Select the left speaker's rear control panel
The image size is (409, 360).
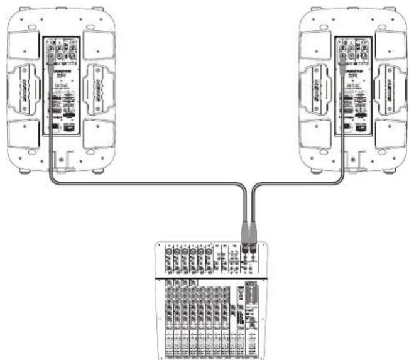61,88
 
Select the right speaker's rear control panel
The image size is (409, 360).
354,88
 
